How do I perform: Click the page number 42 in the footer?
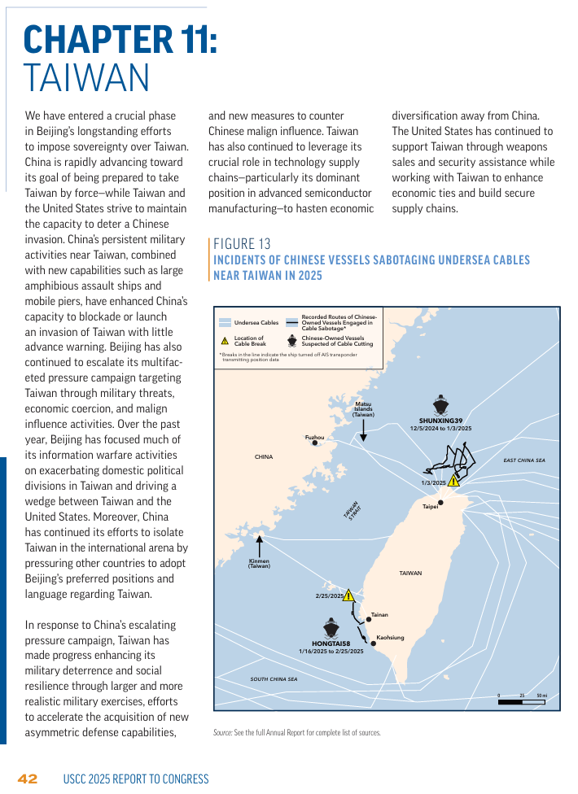(x=28, y=779)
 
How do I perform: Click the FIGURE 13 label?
(x=242, y=244)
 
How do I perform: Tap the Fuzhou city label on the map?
(x=314, y=438)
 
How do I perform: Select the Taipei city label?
(x=431, y=507)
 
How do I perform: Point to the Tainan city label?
(x=379, y=614)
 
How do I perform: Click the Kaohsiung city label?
(x=390, y=638)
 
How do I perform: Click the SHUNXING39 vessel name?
(x=440, y=421)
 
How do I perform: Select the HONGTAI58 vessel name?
(x=331, y=643)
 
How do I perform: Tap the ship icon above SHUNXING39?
(x=440, y=405)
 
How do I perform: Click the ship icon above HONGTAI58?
(x=331, y=628)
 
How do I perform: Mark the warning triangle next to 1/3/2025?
(x=453, y=481)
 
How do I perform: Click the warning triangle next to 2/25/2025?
(x=348, y=595)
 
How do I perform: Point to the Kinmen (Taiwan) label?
(x=259, y=563)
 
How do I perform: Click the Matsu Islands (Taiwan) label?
(x=363, y=409)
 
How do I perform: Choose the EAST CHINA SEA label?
(x=523, y=460)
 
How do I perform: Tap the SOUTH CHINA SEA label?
(x=274, y=678)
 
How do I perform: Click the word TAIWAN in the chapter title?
(x=86, y=77)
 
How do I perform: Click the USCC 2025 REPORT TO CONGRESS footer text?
(x=136, y=779)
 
